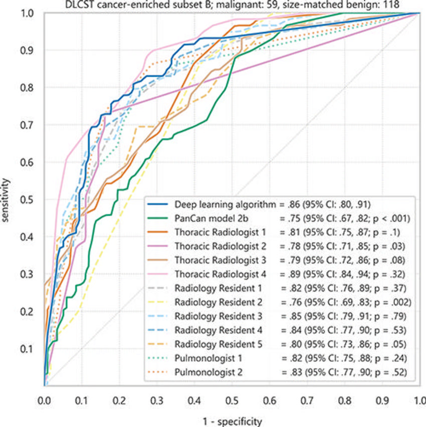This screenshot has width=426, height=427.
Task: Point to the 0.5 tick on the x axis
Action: click(232, 401)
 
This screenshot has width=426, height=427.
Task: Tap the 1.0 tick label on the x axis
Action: click(419, 401)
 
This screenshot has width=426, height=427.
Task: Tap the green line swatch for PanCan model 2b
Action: click(158, 218)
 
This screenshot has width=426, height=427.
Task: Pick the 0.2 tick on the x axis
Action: click(119, 401)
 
